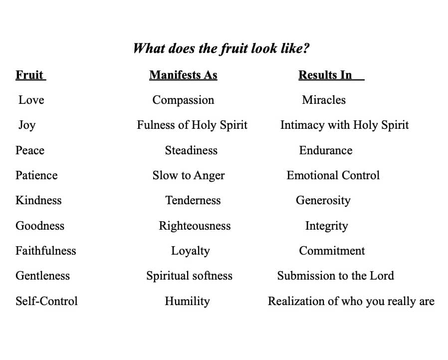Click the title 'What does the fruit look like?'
pos(221,48)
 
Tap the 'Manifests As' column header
pos(183,75)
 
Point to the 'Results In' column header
pos(325,75)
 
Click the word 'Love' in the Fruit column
pos(31,100)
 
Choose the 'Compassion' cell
pos(183,100)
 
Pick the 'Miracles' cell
pos(324,100)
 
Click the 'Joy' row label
pos(27,125)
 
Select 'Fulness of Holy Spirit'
pos(192,125)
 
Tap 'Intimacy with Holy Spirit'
pos(344,125)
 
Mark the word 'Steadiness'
pos(191,150)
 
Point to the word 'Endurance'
pos(326,150)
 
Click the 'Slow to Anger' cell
pos(189,176)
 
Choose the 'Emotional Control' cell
pos(333,175)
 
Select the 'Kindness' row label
pos(38,200)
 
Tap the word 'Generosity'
pos(323,201)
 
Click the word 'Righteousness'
pos(195,226)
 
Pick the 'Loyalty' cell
pos(190,251)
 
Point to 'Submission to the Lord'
pos(335,276)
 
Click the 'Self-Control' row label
pos(46,301)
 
